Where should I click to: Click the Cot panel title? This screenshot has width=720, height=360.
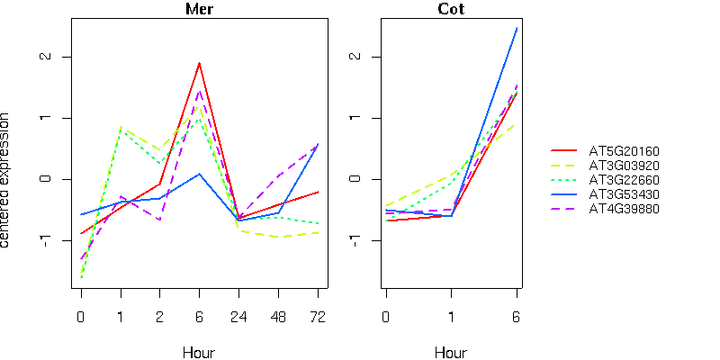[451, 9]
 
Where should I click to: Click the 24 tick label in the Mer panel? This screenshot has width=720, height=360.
[238, 317]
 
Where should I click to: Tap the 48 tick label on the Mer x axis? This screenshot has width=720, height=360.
[278, 317]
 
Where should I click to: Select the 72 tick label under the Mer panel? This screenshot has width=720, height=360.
[318, 317]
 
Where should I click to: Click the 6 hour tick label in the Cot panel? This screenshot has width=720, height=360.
[517, 317]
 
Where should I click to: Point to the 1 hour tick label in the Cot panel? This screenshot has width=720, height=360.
[451, 317]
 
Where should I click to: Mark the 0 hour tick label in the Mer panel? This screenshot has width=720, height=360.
[80, 317]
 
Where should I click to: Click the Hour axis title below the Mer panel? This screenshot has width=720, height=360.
[199, 352]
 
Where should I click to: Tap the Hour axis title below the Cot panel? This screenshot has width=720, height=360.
[451, 352]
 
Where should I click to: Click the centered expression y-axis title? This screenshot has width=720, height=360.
[7, 180]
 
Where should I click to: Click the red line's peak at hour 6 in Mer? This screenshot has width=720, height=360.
[199, 63]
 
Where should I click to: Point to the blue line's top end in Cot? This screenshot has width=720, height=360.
[517, 28]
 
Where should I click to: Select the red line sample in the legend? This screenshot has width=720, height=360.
[563, 151]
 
